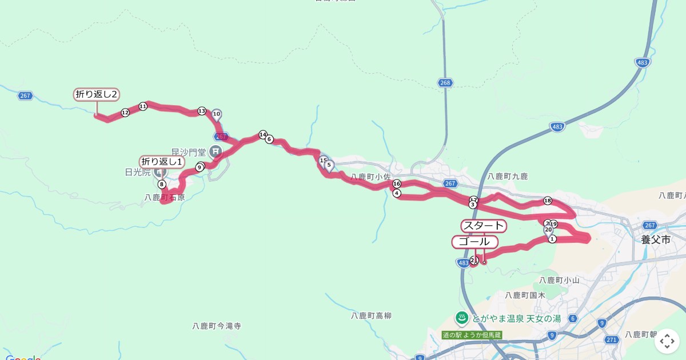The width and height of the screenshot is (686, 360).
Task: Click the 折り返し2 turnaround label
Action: pos(97,94)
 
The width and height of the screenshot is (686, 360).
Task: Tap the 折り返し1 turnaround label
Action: pos(162,162)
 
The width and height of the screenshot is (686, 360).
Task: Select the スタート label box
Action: pos(483,226)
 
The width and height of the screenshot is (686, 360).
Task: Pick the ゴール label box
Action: pos(474,242)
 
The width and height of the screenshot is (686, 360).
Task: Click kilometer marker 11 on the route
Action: pos(143,106)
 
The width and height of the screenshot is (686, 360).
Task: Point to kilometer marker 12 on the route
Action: pos(125,113)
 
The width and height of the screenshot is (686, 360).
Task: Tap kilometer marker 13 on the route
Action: pos(201,111)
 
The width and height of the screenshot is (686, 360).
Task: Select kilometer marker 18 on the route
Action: pos(548,201)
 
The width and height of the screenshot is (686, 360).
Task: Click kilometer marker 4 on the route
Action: pos(397,193)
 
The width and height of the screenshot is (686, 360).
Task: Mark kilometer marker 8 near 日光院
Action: pos(162,184)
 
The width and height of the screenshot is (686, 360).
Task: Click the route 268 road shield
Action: pos(446,83)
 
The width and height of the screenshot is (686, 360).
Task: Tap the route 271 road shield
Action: pos(612,339)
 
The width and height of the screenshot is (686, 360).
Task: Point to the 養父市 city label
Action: pos(655,240)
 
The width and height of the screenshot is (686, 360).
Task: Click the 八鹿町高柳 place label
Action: pos(372,315)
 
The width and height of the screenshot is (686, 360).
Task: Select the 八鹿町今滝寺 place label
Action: pos(217,326)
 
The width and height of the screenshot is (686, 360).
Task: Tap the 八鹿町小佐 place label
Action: pos(370,177)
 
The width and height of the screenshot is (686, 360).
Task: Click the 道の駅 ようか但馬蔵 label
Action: pos(472,335)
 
